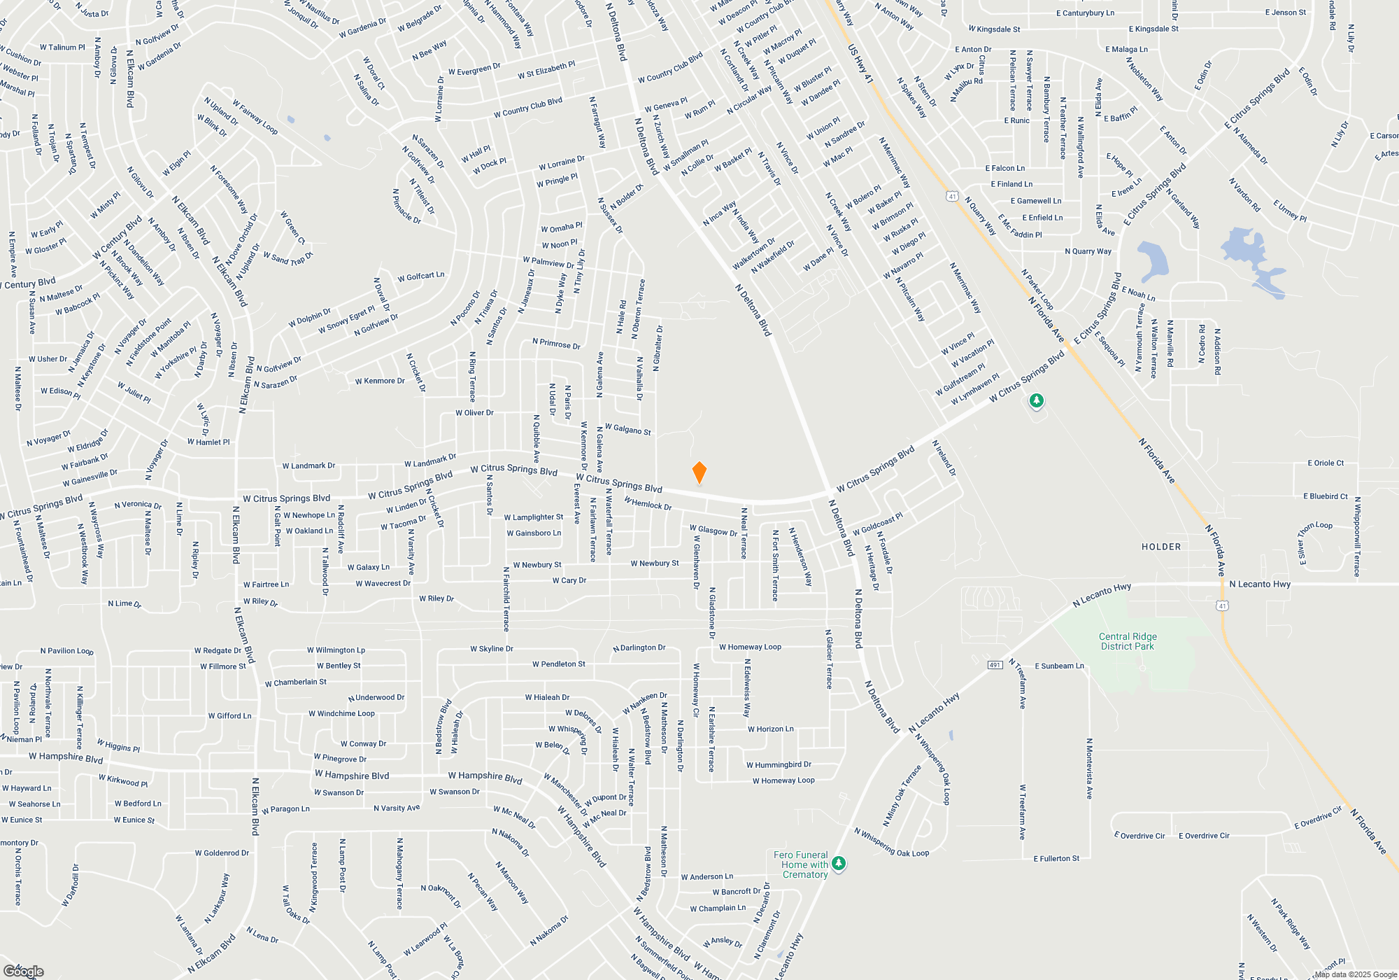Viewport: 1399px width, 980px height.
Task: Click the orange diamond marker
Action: [699, 472]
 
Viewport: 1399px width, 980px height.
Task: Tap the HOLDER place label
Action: [1161, 547]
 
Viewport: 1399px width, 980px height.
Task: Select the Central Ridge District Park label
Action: [1128, 641]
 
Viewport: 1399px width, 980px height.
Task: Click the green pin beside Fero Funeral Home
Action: [839, 864]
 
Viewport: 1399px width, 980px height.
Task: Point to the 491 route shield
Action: [995, 665]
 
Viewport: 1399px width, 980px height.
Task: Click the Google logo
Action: [23, 971]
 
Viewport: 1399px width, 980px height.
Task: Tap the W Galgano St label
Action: [627, 429]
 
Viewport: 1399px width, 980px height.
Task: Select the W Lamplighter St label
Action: [534, 517]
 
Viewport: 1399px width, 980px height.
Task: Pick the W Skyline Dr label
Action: [492, 649]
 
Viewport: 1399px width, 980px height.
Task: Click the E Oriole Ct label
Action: [1326, 463]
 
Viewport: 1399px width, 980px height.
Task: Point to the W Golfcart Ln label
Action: [420, 276]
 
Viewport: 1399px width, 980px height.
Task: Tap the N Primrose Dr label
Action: [556, 344]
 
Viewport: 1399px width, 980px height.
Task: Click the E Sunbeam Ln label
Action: [1059, 666]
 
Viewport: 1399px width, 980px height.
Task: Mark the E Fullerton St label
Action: [1056, 858]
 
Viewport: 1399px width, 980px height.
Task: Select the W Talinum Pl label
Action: [62, 48]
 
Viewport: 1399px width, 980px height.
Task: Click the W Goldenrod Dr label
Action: [222, 853]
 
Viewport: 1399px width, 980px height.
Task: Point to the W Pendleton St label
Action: [559, 664]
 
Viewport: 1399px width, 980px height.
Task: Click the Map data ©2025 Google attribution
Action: [1355, 974]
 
